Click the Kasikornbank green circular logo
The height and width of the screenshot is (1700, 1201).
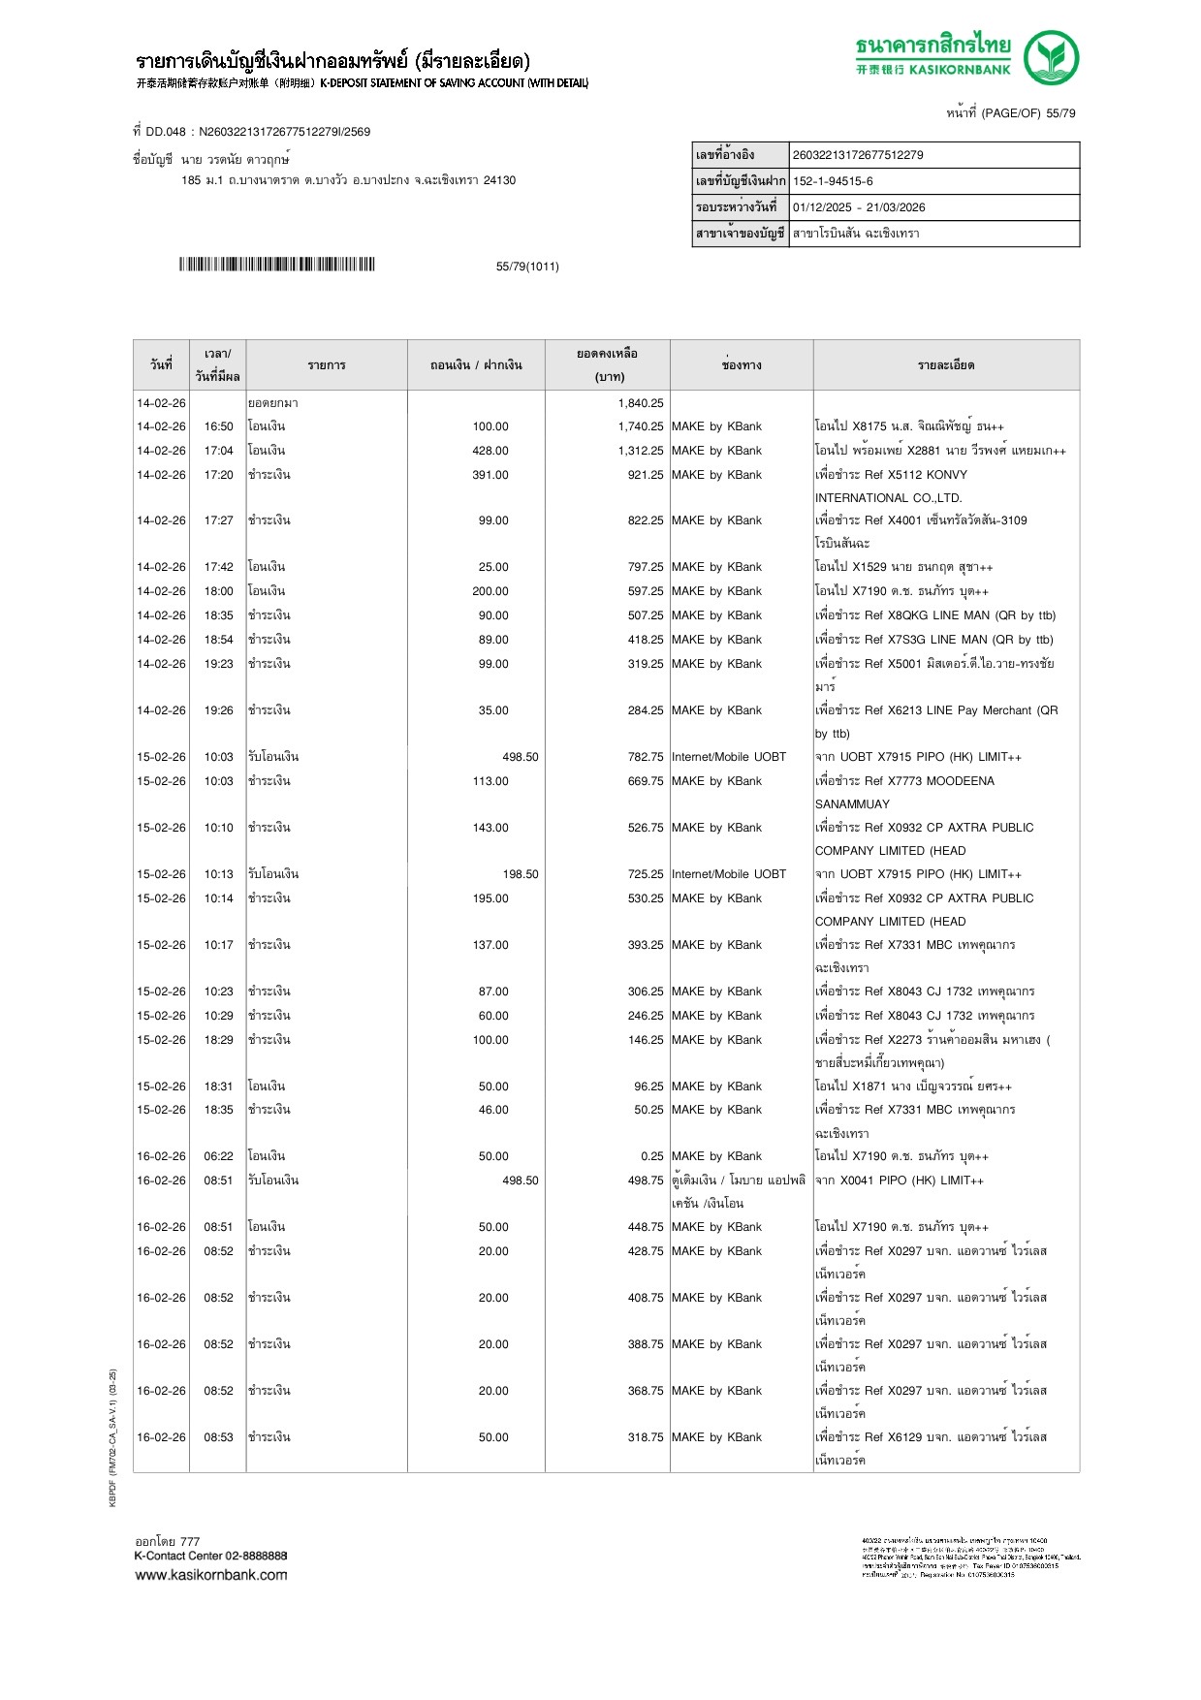[x=1051, y=57]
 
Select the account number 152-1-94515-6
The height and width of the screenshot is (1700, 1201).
[x=833, y=181]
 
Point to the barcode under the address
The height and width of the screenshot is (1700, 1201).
[x=276, y=265]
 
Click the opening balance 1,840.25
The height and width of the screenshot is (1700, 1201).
[x=641, y=403]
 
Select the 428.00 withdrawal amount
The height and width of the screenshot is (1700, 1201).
[x=490, y=451]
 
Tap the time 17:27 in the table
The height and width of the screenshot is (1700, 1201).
[x=218, y=520]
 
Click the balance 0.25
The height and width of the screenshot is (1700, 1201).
[x=652, y=1156]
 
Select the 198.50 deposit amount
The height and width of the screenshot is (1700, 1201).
[x=521, y=874]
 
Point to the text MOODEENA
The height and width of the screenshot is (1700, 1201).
[x=960, y=781]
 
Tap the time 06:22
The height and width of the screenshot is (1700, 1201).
[x=218, y=1156]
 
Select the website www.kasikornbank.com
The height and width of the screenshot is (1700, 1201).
[x=211, y=1575]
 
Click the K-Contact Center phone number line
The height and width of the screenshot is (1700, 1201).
[x=211, y=1556]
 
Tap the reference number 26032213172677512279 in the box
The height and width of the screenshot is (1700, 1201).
[x=858, y=155]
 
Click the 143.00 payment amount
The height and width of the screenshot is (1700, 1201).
[x=490, y=828]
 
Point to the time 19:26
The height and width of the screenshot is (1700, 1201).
[x=218, y=710]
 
